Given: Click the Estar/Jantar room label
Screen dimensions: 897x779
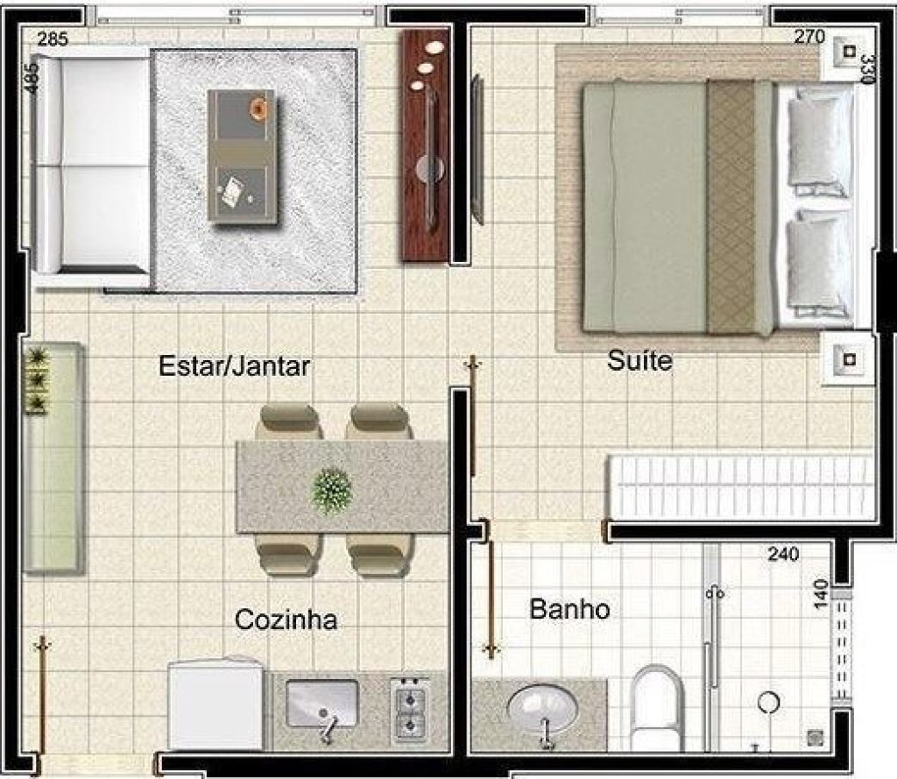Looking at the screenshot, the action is pos(234,366).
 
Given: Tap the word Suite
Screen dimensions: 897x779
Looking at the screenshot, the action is pos(639,361).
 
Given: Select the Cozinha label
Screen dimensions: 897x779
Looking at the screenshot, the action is pos(286,620).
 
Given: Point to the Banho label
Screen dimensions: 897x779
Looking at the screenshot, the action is pos(569,609).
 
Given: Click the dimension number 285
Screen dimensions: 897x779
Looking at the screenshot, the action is pos(53,39).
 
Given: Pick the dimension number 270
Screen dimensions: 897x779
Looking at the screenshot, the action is pos(809,37).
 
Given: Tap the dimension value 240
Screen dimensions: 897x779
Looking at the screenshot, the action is pos(783,554).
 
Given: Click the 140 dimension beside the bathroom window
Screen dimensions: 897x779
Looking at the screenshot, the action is pos(820,594).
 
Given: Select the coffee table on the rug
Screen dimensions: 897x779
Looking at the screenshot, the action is pos(242,156).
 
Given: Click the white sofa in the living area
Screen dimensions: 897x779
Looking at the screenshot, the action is pos(91,165).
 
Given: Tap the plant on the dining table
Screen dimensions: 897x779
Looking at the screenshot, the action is pos(331,491).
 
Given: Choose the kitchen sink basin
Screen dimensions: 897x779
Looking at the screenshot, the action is pos(321,703).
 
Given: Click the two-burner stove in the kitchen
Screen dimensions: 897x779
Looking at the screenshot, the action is pos(410,710).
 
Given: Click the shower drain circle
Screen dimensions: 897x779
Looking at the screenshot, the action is pos(768,702).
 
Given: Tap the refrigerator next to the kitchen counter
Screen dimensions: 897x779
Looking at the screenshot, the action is pos(216,704).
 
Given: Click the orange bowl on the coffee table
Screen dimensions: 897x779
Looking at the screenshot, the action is pos(258,108).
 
